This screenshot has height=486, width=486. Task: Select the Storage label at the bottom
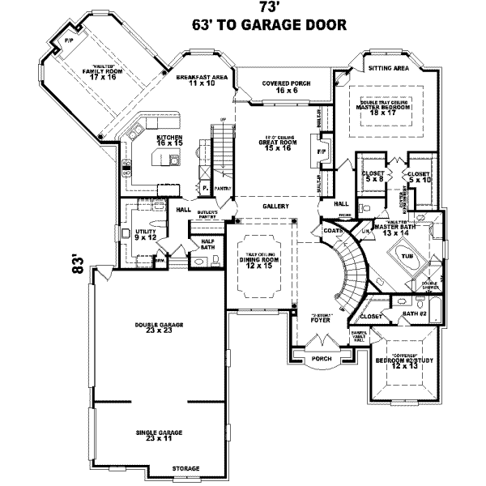click(x=185, y=469)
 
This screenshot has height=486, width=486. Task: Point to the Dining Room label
click(x=262, y=261)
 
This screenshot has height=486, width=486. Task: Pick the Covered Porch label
click(x=280, y=86)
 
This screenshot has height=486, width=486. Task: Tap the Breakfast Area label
click(x=202, y=79)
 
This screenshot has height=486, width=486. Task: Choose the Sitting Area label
click(x=386, y=70)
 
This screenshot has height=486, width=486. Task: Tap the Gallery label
click(x=275, y=207)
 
